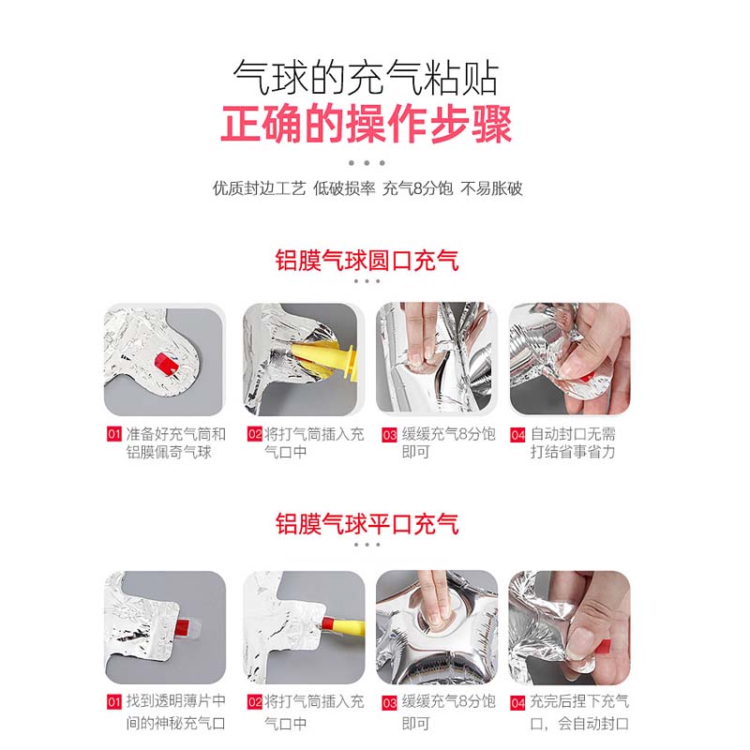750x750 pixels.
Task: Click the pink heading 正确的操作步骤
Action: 367,125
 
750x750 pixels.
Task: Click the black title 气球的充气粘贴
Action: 367,77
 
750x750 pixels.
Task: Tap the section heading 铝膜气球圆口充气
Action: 367,261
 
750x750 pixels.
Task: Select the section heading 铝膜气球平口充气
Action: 367,524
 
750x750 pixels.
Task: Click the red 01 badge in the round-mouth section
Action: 113,434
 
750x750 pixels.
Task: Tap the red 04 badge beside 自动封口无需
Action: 518,435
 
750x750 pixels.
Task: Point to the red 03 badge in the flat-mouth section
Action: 389,702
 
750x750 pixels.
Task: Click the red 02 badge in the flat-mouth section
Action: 254,702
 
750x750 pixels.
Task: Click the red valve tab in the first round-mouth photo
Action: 168,364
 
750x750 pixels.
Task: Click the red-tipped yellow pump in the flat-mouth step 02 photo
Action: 343,626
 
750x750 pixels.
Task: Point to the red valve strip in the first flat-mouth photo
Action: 182,626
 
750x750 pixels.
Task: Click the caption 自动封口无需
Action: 573,434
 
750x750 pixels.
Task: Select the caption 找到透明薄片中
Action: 175,701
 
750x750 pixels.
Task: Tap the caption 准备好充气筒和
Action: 175,434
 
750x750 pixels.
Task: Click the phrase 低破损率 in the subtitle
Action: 344,188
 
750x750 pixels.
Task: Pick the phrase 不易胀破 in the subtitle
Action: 491,188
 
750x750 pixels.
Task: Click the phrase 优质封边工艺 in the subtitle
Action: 260,188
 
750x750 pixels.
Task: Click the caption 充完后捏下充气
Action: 579,701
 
